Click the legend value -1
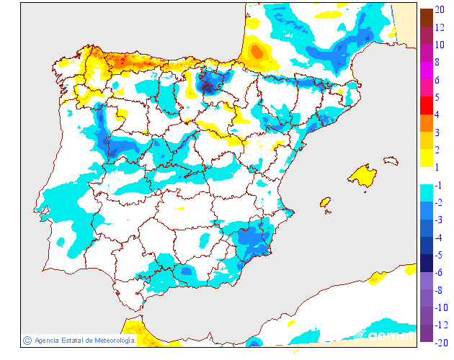coord(438,185)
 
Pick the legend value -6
coord(438,272)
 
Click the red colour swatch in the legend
coord(426,105)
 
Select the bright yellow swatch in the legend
coord(426,158)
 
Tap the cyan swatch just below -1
coord(426,193)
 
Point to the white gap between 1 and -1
coord(426,175)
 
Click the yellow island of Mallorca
coord(362,176)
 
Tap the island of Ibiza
coord(326,204)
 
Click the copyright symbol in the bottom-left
coord(27,341)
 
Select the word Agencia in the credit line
coord(47,341)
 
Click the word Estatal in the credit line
coord(72,341)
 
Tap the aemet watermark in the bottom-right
coord(389,336)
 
